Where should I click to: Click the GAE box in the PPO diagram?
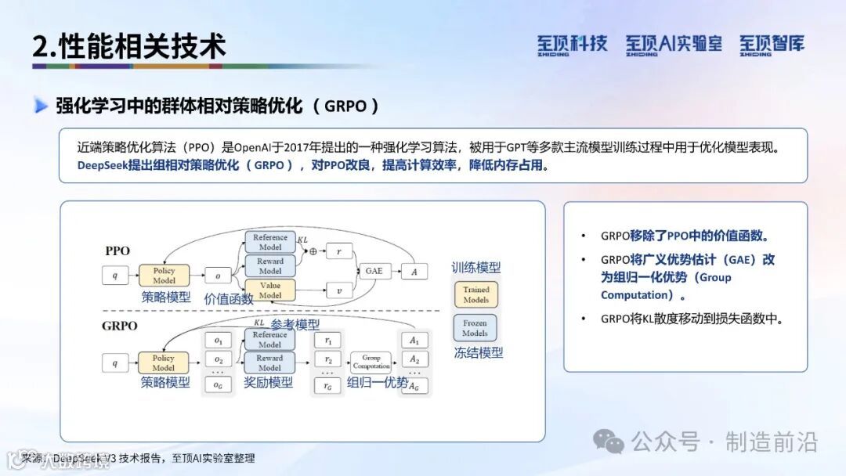pos(374,272)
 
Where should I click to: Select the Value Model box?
pos(269,290)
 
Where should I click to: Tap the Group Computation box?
pos(371,362)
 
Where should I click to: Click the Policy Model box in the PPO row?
pos(164,276)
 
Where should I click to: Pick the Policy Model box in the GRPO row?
pos(164,362)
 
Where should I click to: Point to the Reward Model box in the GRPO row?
pos(269,362)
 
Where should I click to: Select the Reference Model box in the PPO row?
pos(269,242)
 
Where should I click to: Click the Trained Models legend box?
pos(475,294)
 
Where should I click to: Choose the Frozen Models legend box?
pos(475,328)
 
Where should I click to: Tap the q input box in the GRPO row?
pos(114,362)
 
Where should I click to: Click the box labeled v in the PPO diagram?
pos(339,290)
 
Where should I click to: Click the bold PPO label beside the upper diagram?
pos(117,251)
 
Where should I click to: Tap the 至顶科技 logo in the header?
pos(572,45)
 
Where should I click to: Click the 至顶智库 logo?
pos(772,45)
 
